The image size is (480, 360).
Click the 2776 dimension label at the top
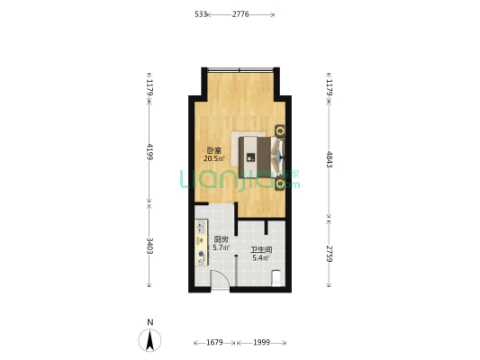(240, 14)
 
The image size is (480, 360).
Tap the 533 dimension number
(201, 14)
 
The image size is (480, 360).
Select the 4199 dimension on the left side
(149, 151)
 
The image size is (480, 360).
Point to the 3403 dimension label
(149, 246)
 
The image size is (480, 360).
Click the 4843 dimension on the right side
(329, 159)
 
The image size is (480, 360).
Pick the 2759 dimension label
(329, 254)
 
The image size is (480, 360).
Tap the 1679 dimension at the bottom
(214, 342)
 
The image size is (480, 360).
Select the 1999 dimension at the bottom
(261, 342)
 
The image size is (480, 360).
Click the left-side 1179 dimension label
(149, 87)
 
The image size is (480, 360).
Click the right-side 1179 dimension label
(329, 87)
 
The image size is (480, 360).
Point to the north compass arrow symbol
(149, 340)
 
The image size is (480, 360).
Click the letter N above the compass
(150, 322)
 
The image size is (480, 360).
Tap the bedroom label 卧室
(214, 150)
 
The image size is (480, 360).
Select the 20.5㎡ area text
(214, 158)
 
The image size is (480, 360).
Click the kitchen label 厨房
(221, 239)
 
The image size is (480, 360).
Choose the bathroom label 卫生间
(261, 250)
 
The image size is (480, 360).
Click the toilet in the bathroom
(277, 278)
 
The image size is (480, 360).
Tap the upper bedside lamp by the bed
(280, 130)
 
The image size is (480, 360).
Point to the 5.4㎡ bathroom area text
(261, 258)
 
